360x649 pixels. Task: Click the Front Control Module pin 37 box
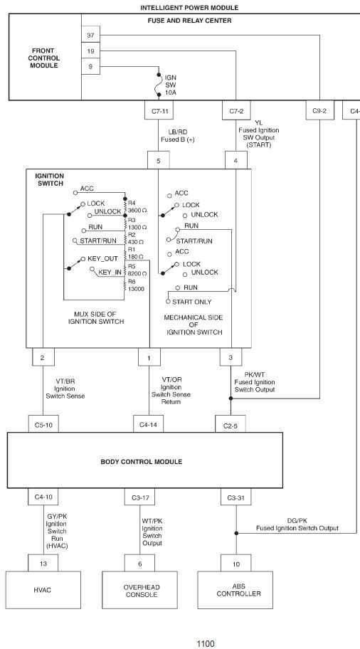(90, 35)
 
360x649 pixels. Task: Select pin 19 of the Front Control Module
(90, 51)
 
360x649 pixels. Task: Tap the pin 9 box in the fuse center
(90, 67)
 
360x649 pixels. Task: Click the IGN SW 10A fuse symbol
(159, 85)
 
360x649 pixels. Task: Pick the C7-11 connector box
(159, 110)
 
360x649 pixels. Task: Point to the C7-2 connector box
(236, 110)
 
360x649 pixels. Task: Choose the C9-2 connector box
(319, 110)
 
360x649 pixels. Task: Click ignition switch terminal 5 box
(159, 160)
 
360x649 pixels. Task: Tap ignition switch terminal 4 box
(236, 160)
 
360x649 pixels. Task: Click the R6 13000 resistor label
(136, 285)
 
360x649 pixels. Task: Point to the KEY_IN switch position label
(110, 273)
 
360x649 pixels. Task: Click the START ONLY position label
(191, 302)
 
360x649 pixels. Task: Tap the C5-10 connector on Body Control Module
(43, 424)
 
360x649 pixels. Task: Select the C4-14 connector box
(148, 424)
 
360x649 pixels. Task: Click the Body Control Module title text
(142, 462)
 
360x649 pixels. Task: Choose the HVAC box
(43, 590)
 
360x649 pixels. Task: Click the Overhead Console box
(140, 590)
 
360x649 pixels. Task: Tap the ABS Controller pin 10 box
(236, 564)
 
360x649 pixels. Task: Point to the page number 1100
(206, 643)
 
